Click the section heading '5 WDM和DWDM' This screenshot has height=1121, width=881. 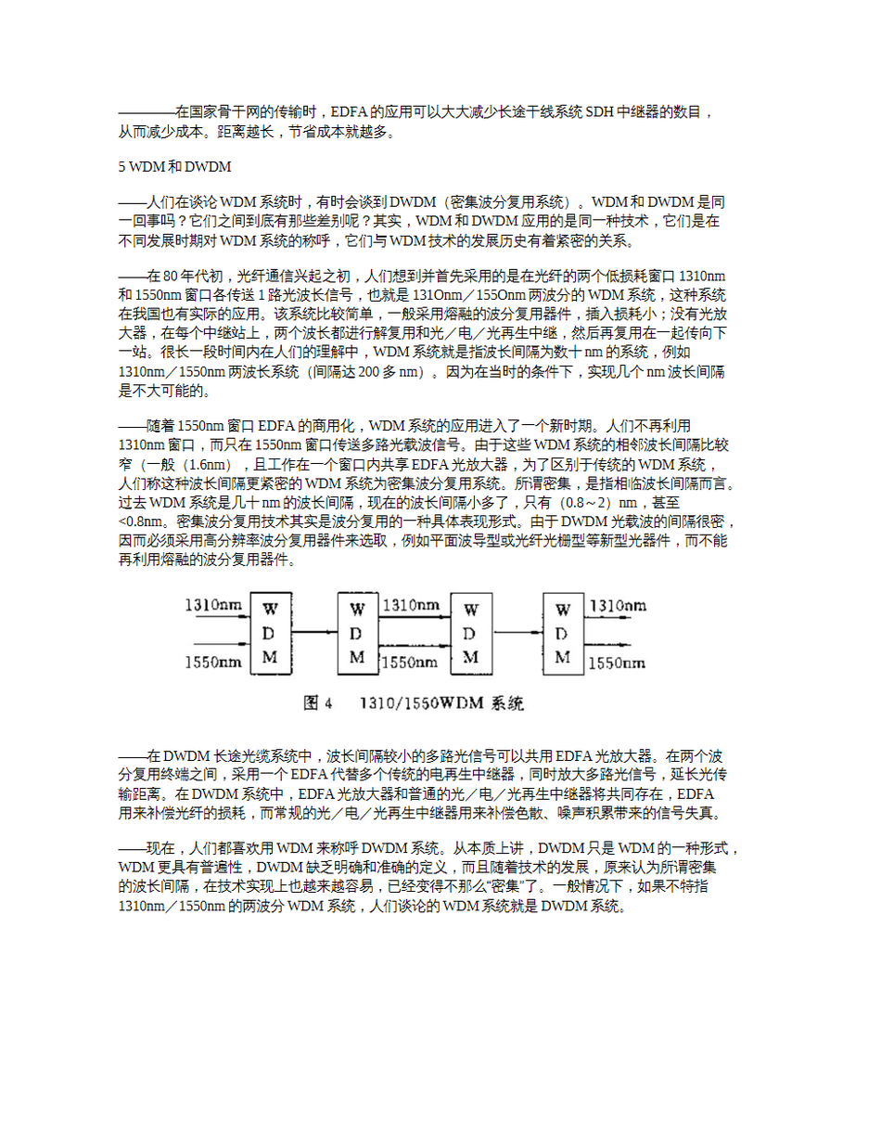[x=174, y=168]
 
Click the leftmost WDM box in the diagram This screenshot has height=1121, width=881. [x=270, y=635]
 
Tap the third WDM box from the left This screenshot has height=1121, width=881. [x=471, y=633]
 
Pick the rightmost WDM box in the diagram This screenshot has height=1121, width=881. [x=562, y=633]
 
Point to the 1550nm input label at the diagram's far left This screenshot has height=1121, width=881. [x=214, y=663]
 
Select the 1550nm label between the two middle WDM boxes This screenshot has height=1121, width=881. [x=411, y=663]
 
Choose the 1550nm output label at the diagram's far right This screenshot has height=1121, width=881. [x=618, y=663]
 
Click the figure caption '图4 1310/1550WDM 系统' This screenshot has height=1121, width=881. [x=415, y=704]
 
